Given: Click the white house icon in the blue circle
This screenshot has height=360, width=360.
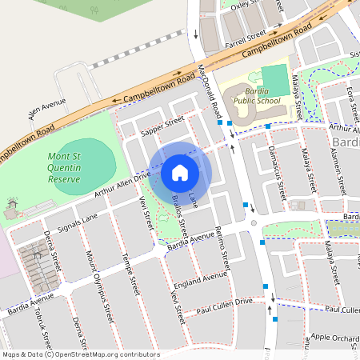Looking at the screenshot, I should pyautogui.click(x=180, y=172).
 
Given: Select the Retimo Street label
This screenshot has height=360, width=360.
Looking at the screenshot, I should pyautogui.click(x=223, y=248).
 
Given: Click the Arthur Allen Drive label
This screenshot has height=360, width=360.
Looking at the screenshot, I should pyautogui.click(x=121, y=183).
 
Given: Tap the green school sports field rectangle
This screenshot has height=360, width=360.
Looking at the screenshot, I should pyautogui.click(x=274, y=80).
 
